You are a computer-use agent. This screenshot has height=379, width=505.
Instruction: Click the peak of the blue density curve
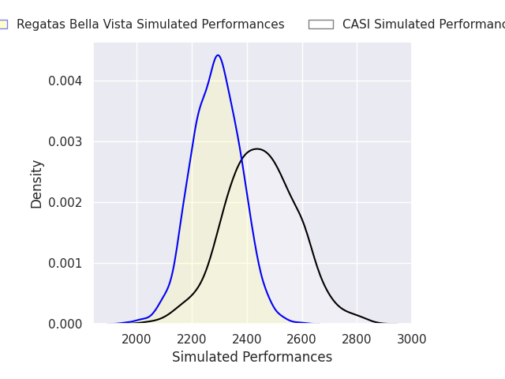click(x=218, y=55)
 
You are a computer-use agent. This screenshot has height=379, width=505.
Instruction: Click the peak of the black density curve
click(x=256, y=148)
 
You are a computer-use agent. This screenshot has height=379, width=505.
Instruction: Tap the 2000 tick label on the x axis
click(x=137, y=340)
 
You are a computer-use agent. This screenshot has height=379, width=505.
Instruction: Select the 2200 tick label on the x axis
click(x=192, y=340)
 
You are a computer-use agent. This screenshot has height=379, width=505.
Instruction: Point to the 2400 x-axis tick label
click(x=247, y=340)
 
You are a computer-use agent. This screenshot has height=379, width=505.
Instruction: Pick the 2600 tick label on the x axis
click(x=301, y=340)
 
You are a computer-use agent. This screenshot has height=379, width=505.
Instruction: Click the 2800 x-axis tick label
click(x=357, y=340)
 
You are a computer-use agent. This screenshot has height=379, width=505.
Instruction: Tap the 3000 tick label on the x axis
click(x=411, y=340)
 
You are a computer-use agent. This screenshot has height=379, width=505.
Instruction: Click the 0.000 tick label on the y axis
click(x=65, y=324)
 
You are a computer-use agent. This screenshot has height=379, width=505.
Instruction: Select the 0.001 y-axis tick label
click(x=65, y=263)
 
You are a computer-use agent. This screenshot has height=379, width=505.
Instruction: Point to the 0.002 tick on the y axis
click(x=65, y=202)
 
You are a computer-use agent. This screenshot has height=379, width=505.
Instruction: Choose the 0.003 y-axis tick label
click(x=65, y=141)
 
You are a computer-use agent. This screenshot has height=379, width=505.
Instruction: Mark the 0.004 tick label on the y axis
click(x=65, y=81)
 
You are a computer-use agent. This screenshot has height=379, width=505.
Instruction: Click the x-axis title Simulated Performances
click(x=252, y=357)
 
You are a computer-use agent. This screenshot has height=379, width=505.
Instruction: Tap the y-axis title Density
click(x=37, y=183)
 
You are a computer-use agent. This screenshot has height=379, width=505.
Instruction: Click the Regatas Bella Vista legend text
click(x=150, y=24)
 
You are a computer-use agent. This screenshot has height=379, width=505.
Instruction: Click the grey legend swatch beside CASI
click(x=320, y=24)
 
